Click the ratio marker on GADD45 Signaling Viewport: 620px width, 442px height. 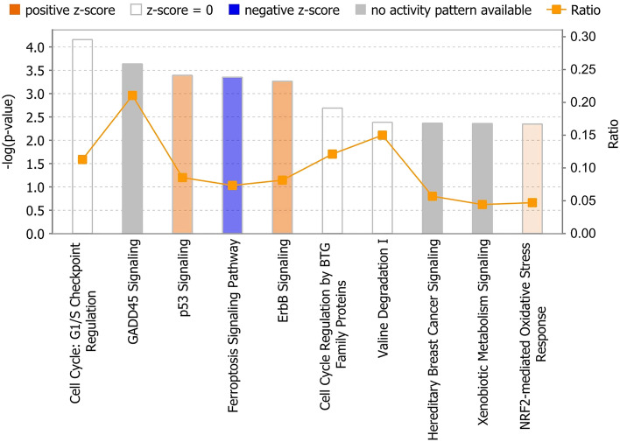click(132, 95)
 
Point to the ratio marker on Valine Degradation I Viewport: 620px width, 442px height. click(382, 136)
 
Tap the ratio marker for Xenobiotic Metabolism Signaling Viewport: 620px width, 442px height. click(482, 205)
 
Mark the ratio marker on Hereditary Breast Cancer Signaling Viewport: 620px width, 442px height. click(432, 197)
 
